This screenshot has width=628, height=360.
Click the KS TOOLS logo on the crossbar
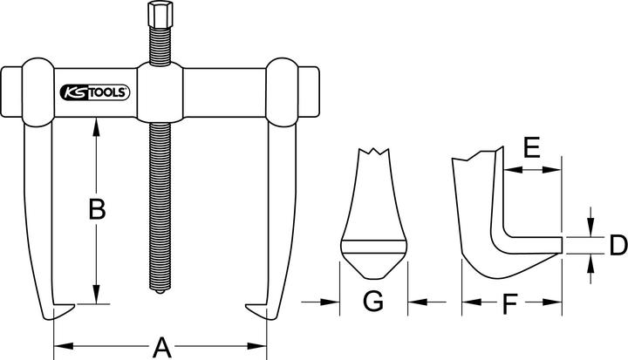[x=95, y=91]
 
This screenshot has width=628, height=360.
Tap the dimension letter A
[x=160, y=347]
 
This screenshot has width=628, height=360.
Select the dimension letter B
[x=98, y=211]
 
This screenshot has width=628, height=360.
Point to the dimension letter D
[x=617, y=245]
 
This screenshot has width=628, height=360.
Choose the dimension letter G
[x=372, y=302]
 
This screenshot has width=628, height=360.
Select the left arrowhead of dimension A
[x=58, y=346]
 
